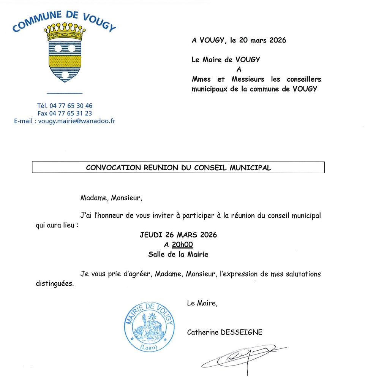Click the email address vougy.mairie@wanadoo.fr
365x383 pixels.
click(x=77, y=121)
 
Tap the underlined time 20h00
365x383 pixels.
click(x=182, y=245)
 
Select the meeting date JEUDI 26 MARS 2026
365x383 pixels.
click(x=178, y=235)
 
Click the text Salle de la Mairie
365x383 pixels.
click(x=178, y=255)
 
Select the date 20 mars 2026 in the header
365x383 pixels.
click(x=262, y=40)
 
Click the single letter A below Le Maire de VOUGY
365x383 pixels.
click(x=239, y=70)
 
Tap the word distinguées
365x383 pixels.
click(x=54, y=283)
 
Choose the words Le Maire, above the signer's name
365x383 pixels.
click(x=202, y=303)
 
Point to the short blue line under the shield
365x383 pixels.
click(x=64, y=93)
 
